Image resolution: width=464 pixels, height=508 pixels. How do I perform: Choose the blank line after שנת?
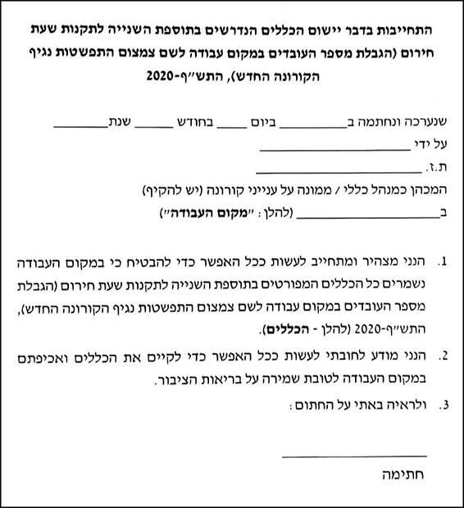tap(79, 127)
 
